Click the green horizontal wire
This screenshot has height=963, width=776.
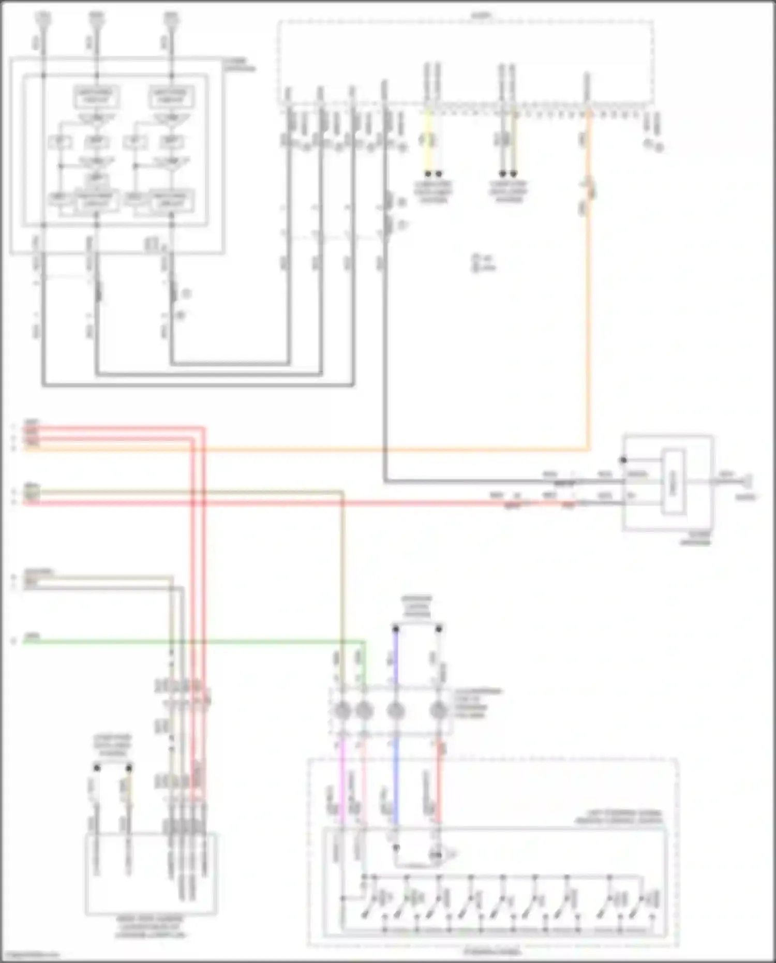pyautogui.click(x=207, y=642)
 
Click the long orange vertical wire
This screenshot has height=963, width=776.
pyautogui.click(x=588, y=310)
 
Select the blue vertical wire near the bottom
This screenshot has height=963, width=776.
pyautogui.click(x=396, y=776)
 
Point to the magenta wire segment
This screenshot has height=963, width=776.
pyautogui.click(x=341, y=776)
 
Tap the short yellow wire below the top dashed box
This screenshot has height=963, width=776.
pyautogui.click(x=428, y=140)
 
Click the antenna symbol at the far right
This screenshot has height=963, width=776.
pyautogui.click(x=749, y=482)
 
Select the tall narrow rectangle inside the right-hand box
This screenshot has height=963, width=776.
pyautogui.click(x=674, y=482)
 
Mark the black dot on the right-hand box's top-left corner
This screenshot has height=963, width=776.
pyautogui.click(x=623, y=460)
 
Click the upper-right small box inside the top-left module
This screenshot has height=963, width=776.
pyautogui.click(x=171, y=96)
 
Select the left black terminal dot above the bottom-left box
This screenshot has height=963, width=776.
pyautogui.click(x=97, y=768)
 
